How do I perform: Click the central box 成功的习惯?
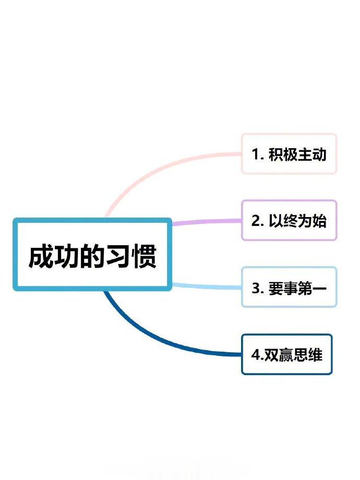click(x=92, y=254)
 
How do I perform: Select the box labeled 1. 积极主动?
click(x=289, y=154)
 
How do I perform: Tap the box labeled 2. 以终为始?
click(x=289, y=220)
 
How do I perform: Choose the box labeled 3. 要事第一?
click(x=289, y=287)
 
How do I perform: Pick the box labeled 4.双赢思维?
click(x=287, y=354)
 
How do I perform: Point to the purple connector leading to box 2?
click(x=207, y=222)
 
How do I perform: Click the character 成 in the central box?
click(x=41, y=256)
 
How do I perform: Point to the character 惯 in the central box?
click(x=144, y=256)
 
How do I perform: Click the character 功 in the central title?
click(x=66, y=256)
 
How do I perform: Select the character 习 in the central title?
click(x=118, y=256)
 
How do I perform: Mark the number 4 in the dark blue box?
click(x=256, y=355)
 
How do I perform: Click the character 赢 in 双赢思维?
click(x=286, y=354)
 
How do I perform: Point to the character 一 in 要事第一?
click(x=320, y=288)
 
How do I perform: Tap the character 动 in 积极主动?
click(x=319, y=154)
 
